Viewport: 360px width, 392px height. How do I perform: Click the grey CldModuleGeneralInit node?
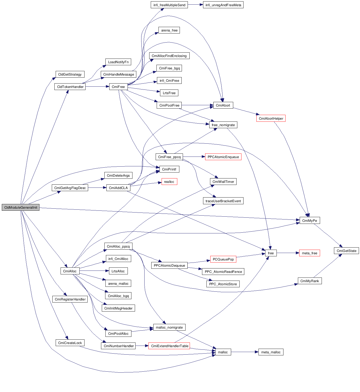coord(21,207)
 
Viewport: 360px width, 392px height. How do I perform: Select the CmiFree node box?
coord(118,87)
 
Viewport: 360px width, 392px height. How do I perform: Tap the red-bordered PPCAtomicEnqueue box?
coord(223,157)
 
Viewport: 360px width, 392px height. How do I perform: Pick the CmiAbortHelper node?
coord(271,118)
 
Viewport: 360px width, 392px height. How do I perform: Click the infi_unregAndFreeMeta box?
coord(223,5)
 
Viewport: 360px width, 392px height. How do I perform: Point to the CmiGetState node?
coord(346,251)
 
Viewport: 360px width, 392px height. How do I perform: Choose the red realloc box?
coord(169,182)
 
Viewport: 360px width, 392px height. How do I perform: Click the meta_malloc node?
coord(271,352)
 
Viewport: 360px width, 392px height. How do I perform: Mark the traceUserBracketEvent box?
coord(223,201)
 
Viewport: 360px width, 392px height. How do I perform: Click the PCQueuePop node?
coord(223,259)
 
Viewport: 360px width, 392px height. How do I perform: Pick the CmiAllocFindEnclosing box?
coord(169,56)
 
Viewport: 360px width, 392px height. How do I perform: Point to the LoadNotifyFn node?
coord(118,62)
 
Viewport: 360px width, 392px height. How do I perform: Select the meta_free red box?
coord(309,253)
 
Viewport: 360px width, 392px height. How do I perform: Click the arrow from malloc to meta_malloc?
coord(245,352)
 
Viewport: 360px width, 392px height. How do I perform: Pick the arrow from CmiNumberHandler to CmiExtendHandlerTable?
coord(142,346)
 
